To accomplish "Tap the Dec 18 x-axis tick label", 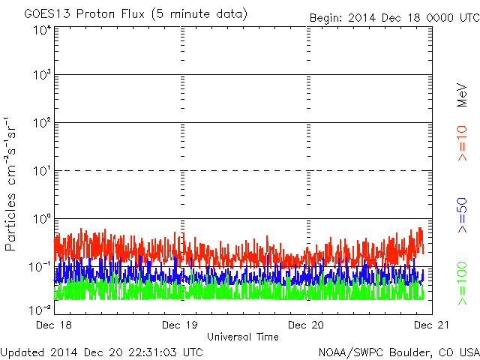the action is coord(54,325).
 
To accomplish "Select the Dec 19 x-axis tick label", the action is coord(180,325).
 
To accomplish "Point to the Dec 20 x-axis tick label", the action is coord(306,325).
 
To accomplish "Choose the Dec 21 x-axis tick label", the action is coord(432,325).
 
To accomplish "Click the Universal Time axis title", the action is coord(243,337).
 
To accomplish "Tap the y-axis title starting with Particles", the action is coord(10,184).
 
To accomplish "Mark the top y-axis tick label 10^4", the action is coord(42,31).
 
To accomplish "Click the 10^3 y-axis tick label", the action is coord(42,75).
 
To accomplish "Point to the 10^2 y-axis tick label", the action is coord(42,123).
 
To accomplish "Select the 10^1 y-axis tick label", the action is coord(42,171).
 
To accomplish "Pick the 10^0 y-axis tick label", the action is coord(42,219).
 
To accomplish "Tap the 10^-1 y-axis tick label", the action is coord(40,267).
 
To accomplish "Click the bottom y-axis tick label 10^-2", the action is coord(40,310).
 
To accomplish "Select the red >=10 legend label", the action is coord(462,143).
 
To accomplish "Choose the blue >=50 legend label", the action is coord(462,215).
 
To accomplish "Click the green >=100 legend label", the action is coord(462,283).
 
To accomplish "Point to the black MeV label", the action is coord(462,95).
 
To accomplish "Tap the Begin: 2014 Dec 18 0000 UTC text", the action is coord(394,18).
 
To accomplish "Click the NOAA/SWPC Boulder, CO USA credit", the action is coord(399,352).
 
